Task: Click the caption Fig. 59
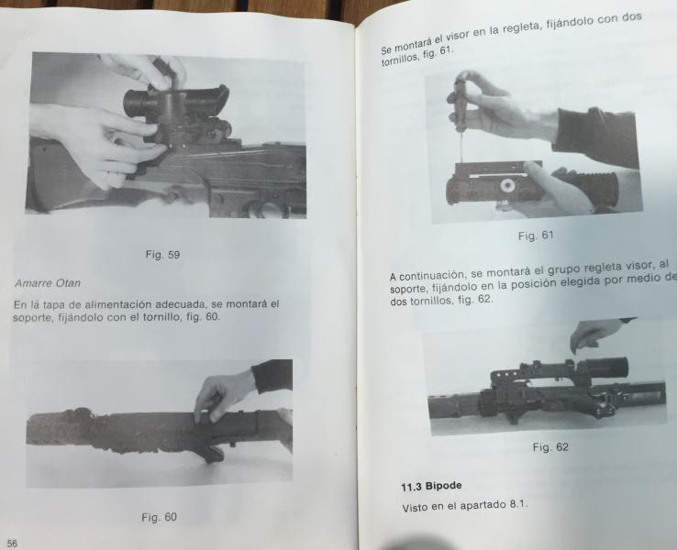(x=162, y=255)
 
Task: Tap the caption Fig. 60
(x=159, y=517)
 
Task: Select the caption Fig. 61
(x=536, y=236)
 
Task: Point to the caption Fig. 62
(x=550, y=447)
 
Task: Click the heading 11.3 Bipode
(x=431, y=486)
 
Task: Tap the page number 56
(x=12, y=544)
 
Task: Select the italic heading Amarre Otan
(x=48, y=283)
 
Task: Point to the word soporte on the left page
(x=28, y=319)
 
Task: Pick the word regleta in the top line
(x=523, y=29)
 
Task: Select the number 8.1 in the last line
(x=518, y=503)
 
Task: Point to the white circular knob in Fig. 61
(x=506, y=186)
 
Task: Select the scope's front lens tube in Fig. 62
(x=606, y=367)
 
